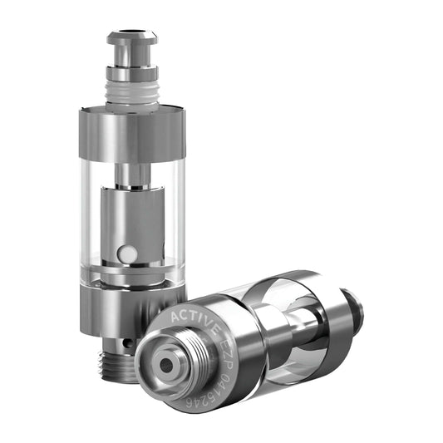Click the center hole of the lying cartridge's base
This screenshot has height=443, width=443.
(171, 366)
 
